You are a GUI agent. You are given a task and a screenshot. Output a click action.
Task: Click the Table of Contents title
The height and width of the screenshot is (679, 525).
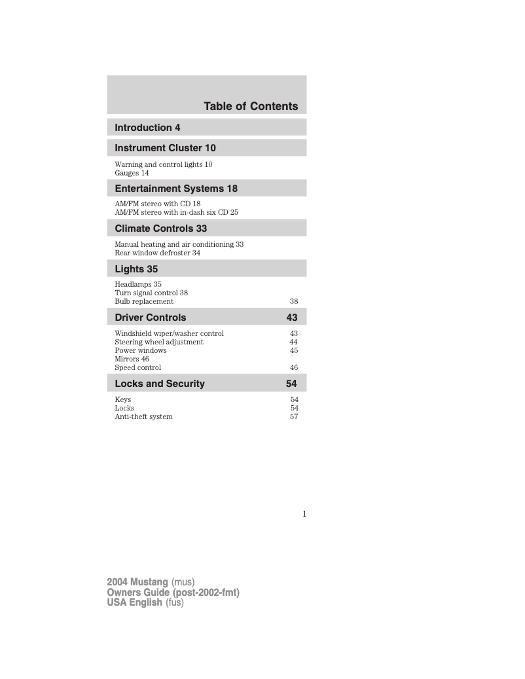coord(251,106)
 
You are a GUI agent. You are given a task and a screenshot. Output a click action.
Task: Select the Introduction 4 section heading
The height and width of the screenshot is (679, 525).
coord(147,127)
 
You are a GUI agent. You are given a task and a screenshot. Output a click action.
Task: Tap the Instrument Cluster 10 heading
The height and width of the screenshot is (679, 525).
coord(165,148)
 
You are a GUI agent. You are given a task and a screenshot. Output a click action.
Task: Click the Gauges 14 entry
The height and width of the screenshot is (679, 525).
coord(132,174)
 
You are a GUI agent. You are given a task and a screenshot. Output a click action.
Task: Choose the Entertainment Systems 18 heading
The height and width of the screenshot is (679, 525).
coord(176,189)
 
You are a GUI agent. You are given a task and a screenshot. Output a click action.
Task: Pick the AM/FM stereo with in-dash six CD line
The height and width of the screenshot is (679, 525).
coord(176,213)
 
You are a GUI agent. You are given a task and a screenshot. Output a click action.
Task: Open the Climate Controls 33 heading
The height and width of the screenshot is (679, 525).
coord(160,229)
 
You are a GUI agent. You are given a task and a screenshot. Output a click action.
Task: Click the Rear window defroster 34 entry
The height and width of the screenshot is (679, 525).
coord(157,253)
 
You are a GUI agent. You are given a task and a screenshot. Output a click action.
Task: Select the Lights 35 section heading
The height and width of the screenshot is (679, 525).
coord(136,269)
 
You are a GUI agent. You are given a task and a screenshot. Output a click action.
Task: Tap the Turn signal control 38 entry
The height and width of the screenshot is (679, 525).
coord(151,293)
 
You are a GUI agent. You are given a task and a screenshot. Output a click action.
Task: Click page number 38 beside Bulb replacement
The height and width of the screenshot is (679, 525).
coord(294,302)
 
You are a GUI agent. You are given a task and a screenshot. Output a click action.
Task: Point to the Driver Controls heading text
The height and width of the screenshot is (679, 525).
coord(151,318)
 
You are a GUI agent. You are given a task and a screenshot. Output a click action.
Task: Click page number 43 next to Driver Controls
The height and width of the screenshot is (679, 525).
coord(292,318)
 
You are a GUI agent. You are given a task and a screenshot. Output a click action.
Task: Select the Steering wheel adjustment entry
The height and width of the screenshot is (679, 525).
coord(159,342)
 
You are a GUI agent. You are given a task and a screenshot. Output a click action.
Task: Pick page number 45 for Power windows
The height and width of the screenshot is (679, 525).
coord(294,350)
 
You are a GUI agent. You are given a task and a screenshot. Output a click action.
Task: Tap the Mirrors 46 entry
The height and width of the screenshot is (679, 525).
coord(132,359)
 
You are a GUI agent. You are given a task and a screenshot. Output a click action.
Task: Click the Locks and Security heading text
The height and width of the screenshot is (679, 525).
coord(160,384)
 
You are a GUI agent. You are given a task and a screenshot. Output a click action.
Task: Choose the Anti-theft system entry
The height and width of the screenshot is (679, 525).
coord(143,416)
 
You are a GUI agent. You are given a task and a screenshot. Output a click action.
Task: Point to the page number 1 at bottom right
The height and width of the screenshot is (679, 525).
coord(304,514)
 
